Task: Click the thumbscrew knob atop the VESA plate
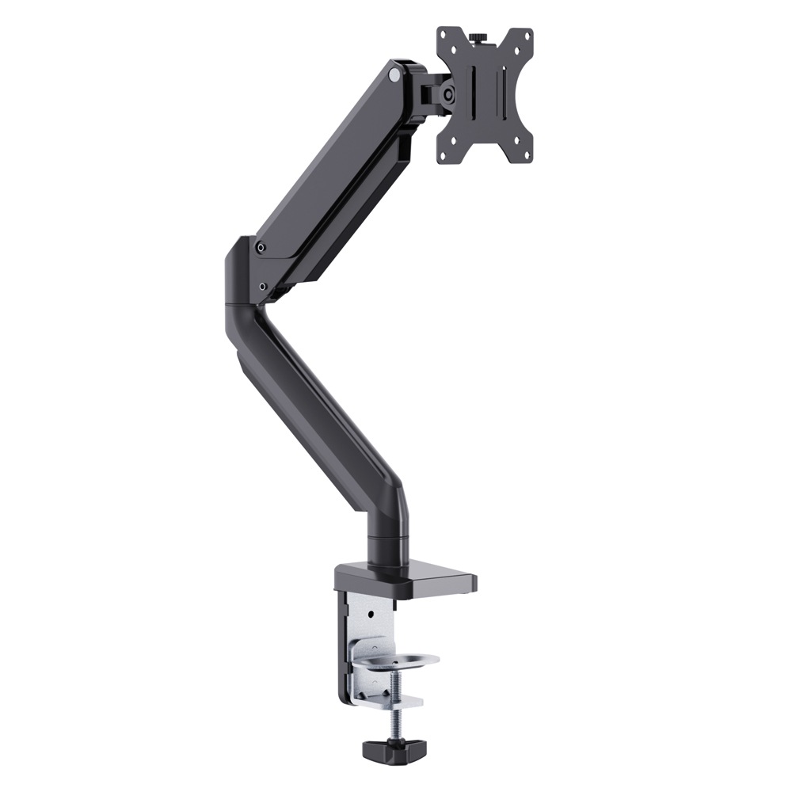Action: click(x=478, y=37)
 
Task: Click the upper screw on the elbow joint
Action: click(x=261, y=247)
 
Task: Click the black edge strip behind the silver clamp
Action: click(x=343, y=649)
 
